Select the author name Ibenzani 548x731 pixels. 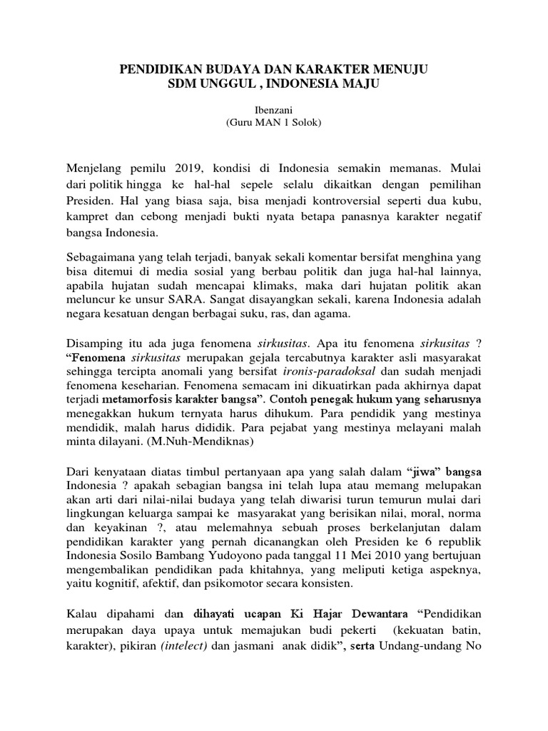pos(274,111)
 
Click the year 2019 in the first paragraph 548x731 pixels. pos(188,168)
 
